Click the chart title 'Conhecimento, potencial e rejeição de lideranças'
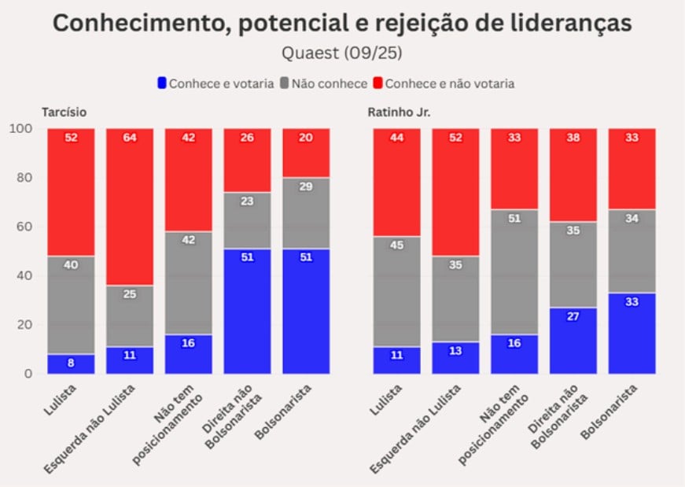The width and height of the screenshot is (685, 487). [342, 24]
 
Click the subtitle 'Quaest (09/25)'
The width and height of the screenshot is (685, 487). [341, 53]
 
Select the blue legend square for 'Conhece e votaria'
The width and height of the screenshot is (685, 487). [163, 83]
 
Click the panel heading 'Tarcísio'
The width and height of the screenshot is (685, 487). [64, 112]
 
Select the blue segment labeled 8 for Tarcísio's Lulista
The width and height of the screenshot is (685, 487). [71, 363]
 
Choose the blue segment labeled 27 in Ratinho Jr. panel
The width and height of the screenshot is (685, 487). [572, 340]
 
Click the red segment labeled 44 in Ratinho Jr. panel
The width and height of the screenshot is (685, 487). [396, 183]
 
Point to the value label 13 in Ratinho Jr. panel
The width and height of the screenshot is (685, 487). [455, 351]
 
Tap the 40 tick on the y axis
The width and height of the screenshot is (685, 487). [24, 275]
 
